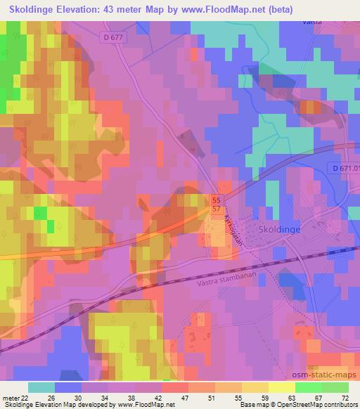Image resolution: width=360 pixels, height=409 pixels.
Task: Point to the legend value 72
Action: pos(345,398)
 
